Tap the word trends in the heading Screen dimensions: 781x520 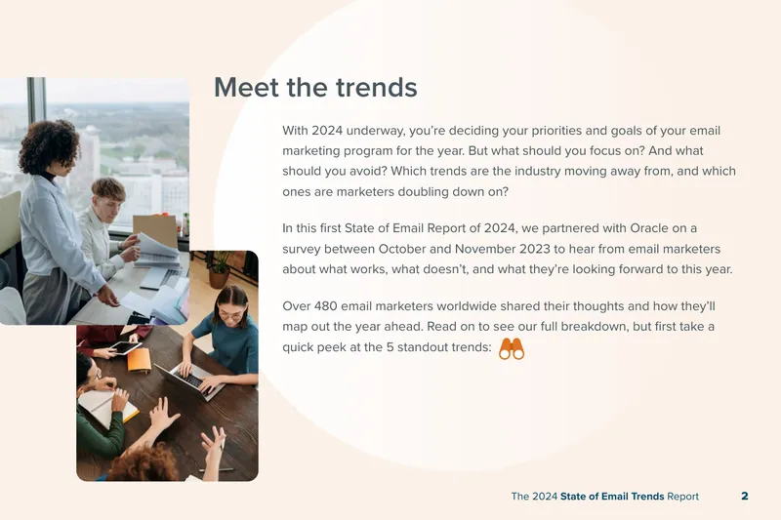[x=377, y=88]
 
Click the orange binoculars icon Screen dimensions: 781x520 [x=512, y=349]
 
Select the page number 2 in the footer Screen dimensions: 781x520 [x=745, y=497]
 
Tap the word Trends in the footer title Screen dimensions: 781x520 [x=647, y=497]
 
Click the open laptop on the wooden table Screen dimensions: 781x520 [x=192, y=380]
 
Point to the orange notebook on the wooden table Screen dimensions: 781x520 [x=140, y=360]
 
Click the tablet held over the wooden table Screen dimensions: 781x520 [x=125, y=347]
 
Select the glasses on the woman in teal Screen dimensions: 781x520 [x=230, y=315]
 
